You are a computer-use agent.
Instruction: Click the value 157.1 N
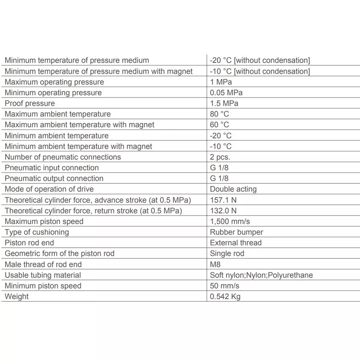click(223, 200)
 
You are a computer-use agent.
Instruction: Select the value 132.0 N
click(223, 210)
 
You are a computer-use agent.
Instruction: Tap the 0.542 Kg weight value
click(225, 296)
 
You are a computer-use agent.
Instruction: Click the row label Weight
click(17, 296)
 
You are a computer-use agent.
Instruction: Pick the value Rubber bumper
click(236, 232)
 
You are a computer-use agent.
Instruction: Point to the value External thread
click(236, 243)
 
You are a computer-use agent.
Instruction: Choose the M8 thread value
click(215, 264)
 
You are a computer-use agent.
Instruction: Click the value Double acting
click(233, 189)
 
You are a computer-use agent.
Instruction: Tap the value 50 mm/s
click(224, 286)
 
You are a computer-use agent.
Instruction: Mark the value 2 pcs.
click(220, 157)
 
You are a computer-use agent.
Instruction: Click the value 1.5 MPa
click(224, 103)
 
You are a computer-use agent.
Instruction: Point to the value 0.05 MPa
click(226, 93)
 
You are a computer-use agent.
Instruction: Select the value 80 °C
click(220, 114)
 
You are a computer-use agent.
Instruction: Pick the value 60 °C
click(220, 125)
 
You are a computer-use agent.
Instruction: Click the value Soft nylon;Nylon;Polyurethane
click(261, 275)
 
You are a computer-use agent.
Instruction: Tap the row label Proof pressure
click(30, 103)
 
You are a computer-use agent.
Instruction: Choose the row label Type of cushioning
click(37, 232)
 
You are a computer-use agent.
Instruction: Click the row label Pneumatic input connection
click(52, 168)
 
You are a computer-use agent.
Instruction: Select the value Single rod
click(227, 254)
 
